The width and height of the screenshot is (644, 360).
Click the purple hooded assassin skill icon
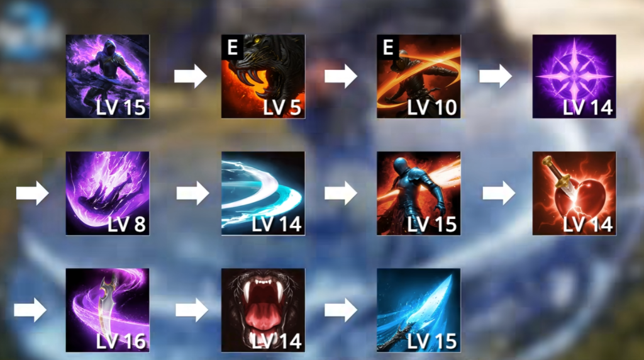click(x=108, y=76)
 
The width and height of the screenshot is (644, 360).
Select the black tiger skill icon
click(x=263, y=76)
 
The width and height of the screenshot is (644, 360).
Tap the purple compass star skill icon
click(x=574, y=76)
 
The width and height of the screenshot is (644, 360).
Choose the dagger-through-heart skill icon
click(x=574, y=193)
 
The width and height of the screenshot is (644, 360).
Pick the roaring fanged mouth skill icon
click(x=263, y=310)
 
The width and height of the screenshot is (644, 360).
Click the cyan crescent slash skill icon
click(x=263, y=193)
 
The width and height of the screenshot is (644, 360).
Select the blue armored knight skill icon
click(x=418, y=193)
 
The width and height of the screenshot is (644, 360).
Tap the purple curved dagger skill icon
click(x=108, y=310)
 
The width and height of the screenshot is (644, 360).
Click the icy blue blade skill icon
click(x=418, y=310)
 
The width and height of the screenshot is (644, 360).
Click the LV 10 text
click(x=432, y=108)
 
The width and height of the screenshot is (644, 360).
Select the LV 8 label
click(x=126, y=224)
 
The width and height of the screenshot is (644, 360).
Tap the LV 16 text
click(x=121, y=341)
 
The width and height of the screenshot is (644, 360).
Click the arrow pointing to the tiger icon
click(x=190, y=76)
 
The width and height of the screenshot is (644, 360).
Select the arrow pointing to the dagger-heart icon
click(x=499, y=193)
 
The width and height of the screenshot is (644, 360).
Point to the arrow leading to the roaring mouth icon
click(x=191, y=310)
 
